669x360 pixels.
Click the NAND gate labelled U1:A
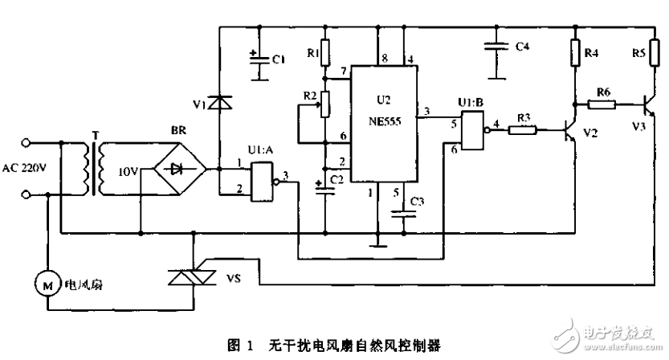(262, 180)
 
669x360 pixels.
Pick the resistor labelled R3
(523, 128)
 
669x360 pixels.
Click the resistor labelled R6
(601, 103)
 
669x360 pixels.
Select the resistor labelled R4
(575, 53)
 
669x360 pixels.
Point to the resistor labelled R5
(655, 53)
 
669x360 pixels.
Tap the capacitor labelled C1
(259, 59)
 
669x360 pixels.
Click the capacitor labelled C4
(499, 48)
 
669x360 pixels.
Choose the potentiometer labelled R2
(324, 103)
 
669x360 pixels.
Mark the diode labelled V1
(219, 103)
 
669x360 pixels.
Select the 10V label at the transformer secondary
(128, 171)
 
